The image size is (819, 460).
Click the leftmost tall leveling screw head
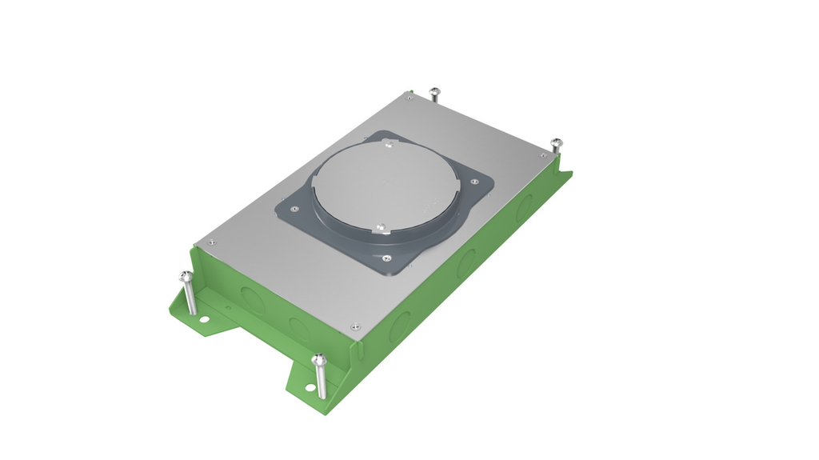pyautogui.click(x=186, y=277)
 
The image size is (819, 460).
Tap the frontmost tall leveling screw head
pyautogui.click(x=319, y=361)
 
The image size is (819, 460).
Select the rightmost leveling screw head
pyautogui.click(x=556, y=144)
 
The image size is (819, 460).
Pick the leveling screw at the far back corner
pyautogui.click(x=434, y=92)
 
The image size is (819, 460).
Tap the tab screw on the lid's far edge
pyautogui.click(x=390, y=145)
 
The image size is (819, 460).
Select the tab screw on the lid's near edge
pyautogui.click(x=382, y=228)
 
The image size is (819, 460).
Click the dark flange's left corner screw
pyautogui.click(x=294, y=209)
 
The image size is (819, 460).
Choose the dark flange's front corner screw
pyautogui.click(x=387, y=258)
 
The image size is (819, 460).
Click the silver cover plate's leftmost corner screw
pyautogui.click(x=210, y=242)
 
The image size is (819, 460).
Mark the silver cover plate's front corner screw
pyautogui.click(x=354, y=326)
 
